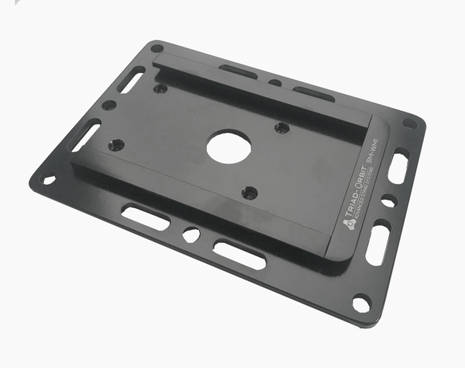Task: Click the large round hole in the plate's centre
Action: pos(226,144)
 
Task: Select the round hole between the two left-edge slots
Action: pos(109,105)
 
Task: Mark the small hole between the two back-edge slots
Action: pos(275,82)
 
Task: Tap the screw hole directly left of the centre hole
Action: pos(117,144)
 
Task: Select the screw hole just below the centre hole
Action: pos(249,192)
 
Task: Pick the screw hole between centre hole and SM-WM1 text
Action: pos(282,127)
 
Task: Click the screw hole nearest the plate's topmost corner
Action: pos(160,88)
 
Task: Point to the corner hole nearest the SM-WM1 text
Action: pos(409,123)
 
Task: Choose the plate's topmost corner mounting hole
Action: pos(157,49)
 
